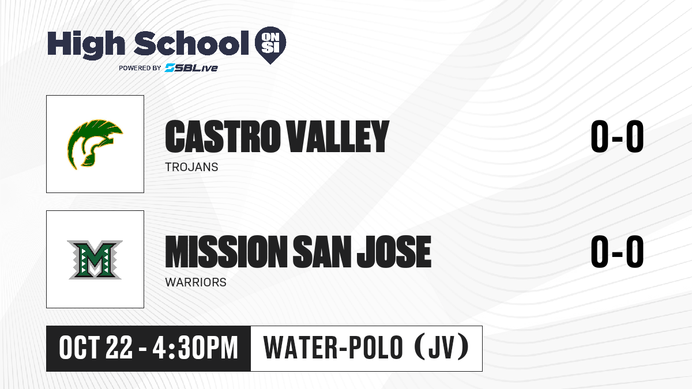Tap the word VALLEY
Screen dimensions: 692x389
pos(337,137)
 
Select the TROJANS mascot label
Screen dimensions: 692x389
pos(191,167)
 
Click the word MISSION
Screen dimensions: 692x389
pos(226,252)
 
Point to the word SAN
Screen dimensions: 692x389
pos(322,252)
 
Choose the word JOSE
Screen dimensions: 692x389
pos(394,252)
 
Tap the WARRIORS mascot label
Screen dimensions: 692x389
pos(195,282)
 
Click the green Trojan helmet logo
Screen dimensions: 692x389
pos(95,145)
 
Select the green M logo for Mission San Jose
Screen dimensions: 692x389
pos(95,260)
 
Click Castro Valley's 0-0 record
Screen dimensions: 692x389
pos(617,137)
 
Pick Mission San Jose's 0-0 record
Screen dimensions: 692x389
pos(617,252)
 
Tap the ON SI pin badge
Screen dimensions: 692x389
pos(270,45)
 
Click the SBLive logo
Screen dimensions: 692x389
pos(191,67)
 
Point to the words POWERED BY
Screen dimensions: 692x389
pos(140,68)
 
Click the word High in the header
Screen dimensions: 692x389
pos(86,45)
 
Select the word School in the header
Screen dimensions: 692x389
pos(191,43)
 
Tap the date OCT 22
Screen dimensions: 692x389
pos(96,348)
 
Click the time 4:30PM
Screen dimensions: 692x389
pos(195,348)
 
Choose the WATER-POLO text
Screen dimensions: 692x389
pos(333,348)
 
